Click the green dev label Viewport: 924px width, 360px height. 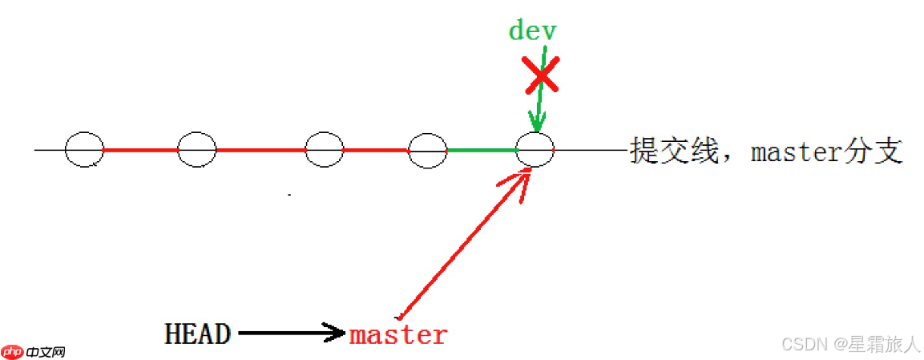532,30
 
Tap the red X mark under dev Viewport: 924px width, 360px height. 543,76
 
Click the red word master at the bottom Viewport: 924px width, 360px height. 398,334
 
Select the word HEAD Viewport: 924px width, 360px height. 198,334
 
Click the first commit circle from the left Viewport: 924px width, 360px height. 84,149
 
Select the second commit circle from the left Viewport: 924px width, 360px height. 197,149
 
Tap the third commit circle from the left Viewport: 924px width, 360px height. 325,149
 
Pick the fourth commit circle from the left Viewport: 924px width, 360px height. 427,150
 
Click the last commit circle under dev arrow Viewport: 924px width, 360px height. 535,149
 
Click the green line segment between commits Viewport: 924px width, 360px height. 481,150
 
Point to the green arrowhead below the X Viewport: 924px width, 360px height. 537,123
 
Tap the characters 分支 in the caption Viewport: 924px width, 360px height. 880,150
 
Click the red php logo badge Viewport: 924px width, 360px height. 12,351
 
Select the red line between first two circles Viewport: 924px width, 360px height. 140,149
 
